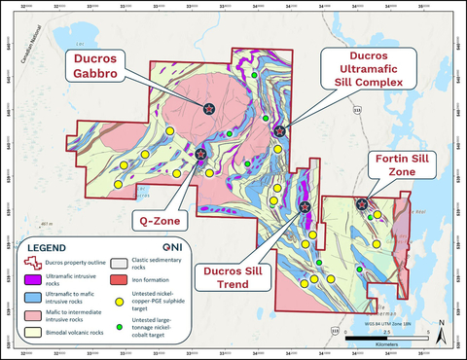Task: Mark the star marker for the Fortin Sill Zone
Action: tap(362, 204)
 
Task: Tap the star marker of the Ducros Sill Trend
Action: tap(305, 206)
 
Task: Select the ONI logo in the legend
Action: tap(168, 247)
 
